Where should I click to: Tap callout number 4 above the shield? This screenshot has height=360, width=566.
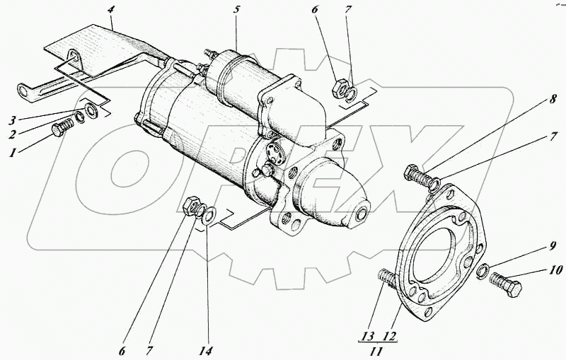point(111,11)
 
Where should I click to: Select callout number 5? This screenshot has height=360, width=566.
point(238,11)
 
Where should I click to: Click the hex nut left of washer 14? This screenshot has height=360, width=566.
point(190,206)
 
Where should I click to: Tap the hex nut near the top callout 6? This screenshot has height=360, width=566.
point(339,88)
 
